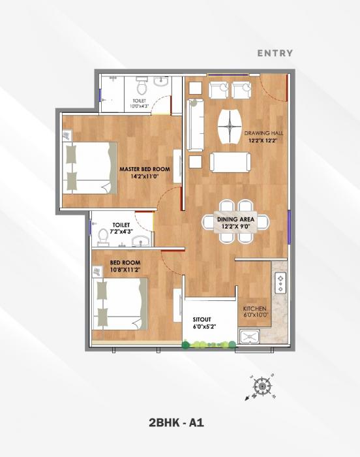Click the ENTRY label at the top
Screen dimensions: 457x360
pos(275,53)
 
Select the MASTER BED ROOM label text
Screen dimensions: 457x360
pos(144,169)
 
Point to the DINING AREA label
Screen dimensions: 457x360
pos(236,220)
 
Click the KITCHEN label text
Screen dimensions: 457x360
pos(254,309)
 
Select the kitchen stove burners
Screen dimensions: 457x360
pos(280,283)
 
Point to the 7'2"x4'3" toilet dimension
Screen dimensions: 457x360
pos(122,231)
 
